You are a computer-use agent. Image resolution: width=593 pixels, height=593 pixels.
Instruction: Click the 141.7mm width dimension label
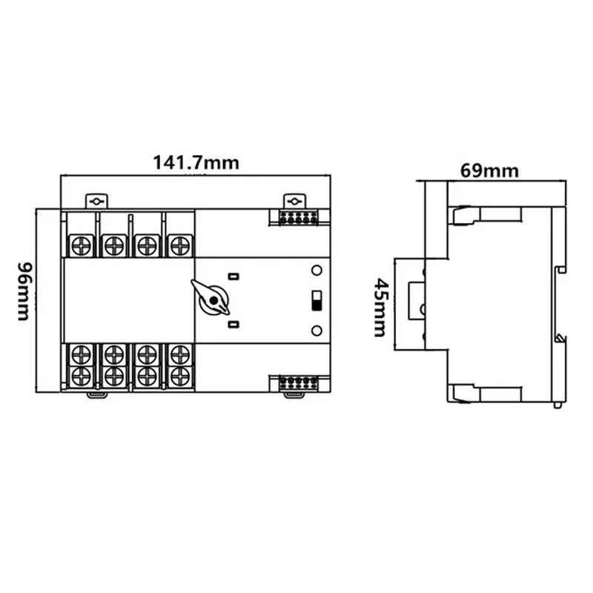click(196, 163)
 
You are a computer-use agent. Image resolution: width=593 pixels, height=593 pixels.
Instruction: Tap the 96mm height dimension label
click(24, 291)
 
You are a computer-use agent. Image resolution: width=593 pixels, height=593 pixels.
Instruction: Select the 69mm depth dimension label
click(489, 170)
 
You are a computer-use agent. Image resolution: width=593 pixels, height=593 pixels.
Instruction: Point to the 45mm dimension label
click(380, 308)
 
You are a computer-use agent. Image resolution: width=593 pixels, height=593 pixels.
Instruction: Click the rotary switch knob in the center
click(211, 299)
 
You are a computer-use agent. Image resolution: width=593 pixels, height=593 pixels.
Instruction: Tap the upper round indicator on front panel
click(317, 271)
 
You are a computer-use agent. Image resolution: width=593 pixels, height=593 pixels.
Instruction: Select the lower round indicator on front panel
click(317, 331)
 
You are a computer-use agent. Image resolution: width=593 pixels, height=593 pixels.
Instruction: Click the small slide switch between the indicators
click(317, 301)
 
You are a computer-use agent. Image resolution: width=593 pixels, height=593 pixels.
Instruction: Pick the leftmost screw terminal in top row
click(82, 245)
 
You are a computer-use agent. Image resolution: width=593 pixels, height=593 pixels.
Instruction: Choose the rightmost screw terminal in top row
click(180, 245)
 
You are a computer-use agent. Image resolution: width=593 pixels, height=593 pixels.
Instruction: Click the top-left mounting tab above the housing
click(97, 201)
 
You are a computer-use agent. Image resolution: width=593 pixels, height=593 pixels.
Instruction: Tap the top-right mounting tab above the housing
click(294, 201)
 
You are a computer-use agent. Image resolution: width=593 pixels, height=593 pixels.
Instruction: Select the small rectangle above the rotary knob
click(233, 276)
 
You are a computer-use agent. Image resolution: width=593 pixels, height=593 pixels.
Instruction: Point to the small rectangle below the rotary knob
click(233, 324)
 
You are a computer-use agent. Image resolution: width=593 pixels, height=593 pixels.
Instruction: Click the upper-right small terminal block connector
click(299, 218)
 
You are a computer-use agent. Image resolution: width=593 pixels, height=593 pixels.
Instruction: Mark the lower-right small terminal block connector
click(299, 382)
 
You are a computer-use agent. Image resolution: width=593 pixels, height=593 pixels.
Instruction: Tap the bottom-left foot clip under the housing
click(97, 395)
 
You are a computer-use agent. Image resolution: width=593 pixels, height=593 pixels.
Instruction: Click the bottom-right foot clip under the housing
click(294, 395)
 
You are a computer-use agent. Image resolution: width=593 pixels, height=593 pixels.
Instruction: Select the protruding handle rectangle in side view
click(416, 301)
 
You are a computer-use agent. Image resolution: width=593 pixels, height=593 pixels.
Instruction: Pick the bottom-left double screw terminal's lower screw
click(82, 377)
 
